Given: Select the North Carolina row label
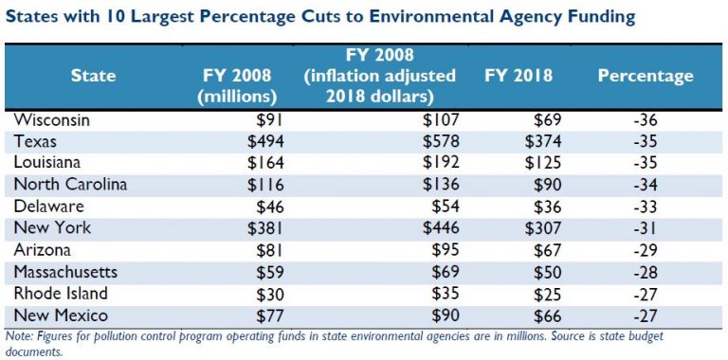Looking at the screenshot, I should click(x=72, y=184).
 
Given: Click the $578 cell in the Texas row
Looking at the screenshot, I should click(x=440, y=142).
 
